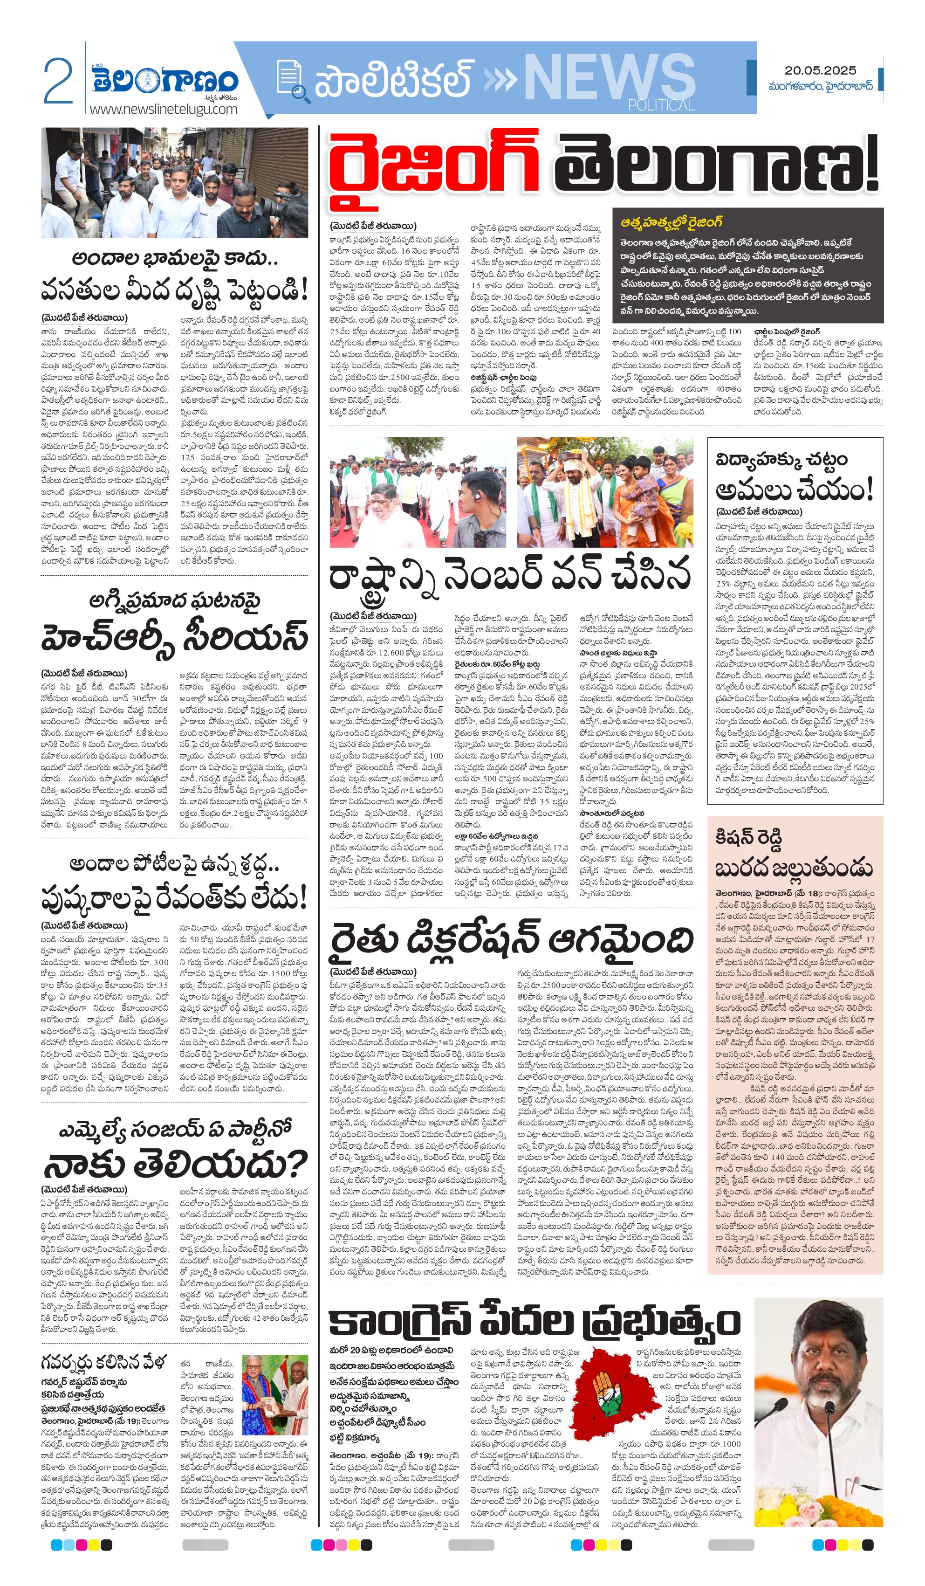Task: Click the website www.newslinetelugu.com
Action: coord(164,109)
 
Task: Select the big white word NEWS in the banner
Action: coord(609,77)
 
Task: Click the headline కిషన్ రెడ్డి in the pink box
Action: coord(748,838)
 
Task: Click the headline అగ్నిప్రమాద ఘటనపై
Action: coord(174,600)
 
